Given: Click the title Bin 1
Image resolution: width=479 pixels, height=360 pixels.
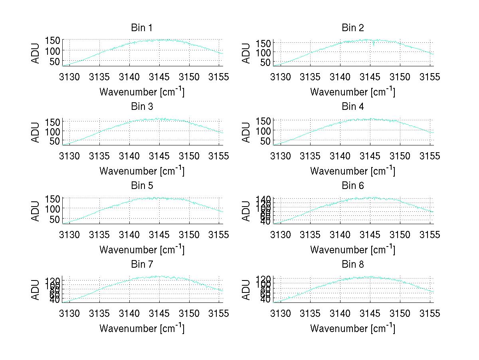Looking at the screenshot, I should pos(142,28).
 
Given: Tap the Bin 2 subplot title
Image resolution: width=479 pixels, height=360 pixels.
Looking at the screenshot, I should pos(353,28).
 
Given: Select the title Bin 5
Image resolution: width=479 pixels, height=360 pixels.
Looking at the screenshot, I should pos(142,186).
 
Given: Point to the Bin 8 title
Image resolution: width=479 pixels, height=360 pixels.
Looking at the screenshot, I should pos(353,265).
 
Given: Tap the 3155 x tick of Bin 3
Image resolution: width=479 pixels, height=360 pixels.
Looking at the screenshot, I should pos(219,155).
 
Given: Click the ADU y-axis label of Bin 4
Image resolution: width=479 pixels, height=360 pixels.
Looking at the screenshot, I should pos(246,132).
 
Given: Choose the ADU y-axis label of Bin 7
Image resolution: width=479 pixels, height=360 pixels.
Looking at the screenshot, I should pos(36,290).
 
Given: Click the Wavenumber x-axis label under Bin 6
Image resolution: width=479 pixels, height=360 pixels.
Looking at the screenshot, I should pos(353,250).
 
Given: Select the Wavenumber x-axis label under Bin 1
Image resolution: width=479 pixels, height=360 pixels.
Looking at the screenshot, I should pos(142,92).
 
